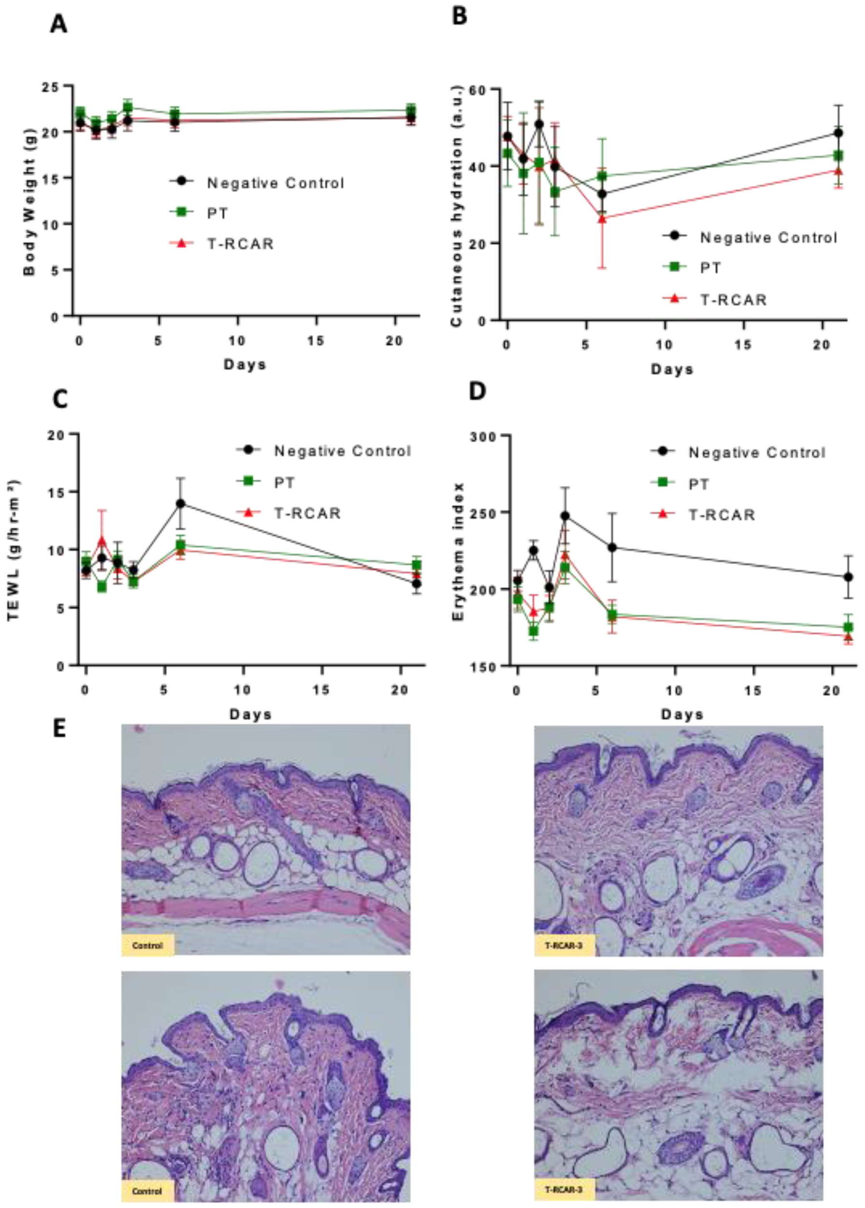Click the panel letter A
pos(58,25)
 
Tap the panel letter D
pos(476,391)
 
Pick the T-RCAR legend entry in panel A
pos(240,244)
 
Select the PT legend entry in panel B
pos(710,268)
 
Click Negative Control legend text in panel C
pos(343,452)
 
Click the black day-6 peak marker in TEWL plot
pos(181,503)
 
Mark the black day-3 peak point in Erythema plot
pos(565,516)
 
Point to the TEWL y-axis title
pos(14,550)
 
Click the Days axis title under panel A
pos(245,365)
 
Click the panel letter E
pos(59,729)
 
